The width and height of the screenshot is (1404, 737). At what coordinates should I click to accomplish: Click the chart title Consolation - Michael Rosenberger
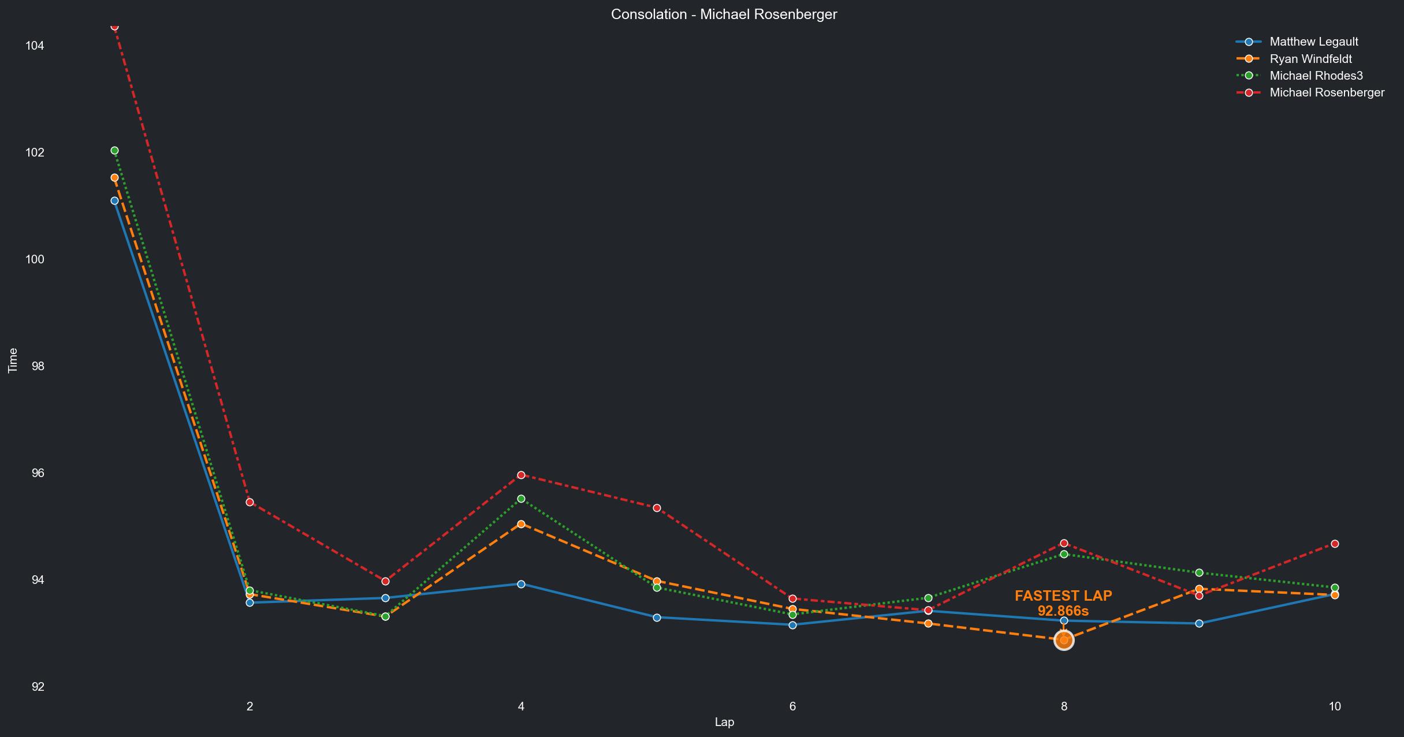(724, 14)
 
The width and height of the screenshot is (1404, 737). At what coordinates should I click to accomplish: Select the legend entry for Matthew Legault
(1313, 42)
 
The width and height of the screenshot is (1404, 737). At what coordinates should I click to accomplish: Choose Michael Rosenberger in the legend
(1327, 92)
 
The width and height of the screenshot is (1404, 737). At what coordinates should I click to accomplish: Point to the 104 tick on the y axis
(35, 46)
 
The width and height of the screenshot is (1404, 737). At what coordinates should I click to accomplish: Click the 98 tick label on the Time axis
(38, 366)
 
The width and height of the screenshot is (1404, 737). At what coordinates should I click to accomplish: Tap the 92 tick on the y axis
(38, 687)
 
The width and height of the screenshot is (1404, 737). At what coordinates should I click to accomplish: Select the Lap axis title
(724, 722)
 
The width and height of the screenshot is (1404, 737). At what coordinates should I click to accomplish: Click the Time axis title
(13, 360)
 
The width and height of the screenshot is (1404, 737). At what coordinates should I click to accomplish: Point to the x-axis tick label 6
(792, 706)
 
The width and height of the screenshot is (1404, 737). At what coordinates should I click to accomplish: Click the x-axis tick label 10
(1334, 706)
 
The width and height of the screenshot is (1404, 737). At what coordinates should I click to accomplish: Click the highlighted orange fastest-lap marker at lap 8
(1064, 640)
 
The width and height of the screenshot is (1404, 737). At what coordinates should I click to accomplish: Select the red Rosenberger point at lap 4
(521, 475)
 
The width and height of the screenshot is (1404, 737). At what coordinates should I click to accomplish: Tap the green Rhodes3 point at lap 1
(114, 151)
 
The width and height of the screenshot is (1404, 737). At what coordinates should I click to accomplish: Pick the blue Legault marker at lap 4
(521, 584)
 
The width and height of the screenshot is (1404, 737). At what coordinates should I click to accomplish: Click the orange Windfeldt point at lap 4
(521, 524)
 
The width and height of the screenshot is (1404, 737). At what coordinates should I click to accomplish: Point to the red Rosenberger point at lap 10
(1335, 544)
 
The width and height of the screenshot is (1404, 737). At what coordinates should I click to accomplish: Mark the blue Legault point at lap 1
(114, 200)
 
